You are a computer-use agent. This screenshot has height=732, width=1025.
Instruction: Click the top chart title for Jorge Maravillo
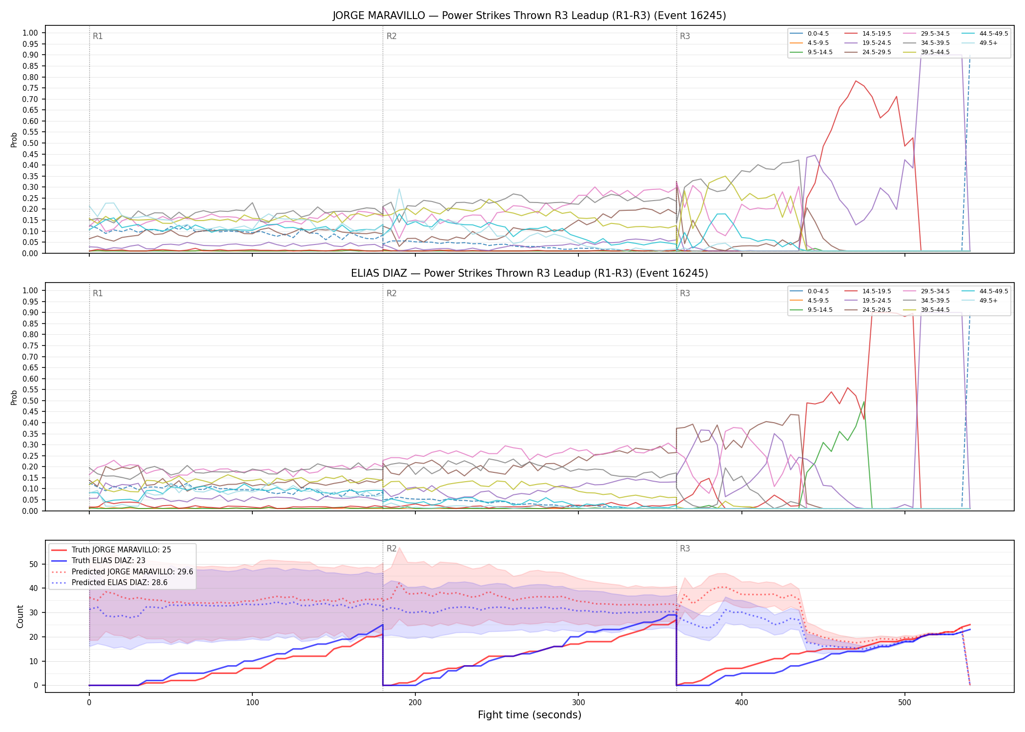point(529,16)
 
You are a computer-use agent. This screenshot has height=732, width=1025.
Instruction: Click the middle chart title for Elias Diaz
point(529,273)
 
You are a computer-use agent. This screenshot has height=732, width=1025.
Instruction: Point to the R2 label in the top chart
point(391,36)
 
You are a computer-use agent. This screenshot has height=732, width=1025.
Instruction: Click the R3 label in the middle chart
point(685,293)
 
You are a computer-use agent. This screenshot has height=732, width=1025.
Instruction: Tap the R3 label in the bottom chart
point(685,549)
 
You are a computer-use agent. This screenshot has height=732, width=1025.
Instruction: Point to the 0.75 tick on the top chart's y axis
point(30,88)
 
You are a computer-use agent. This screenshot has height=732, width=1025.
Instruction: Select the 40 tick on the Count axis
point(34,588)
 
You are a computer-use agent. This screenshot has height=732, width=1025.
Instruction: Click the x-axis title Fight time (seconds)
point(530,715)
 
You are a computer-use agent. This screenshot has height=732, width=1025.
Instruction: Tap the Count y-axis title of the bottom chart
point(20,616)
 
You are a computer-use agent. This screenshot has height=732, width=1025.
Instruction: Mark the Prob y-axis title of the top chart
point(14,140)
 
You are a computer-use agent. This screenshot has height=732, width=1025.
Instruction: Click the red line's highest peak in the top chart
point(856,81)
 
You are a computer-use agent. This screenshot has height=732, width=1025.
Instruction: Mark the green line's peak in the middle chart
point(864,402)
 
